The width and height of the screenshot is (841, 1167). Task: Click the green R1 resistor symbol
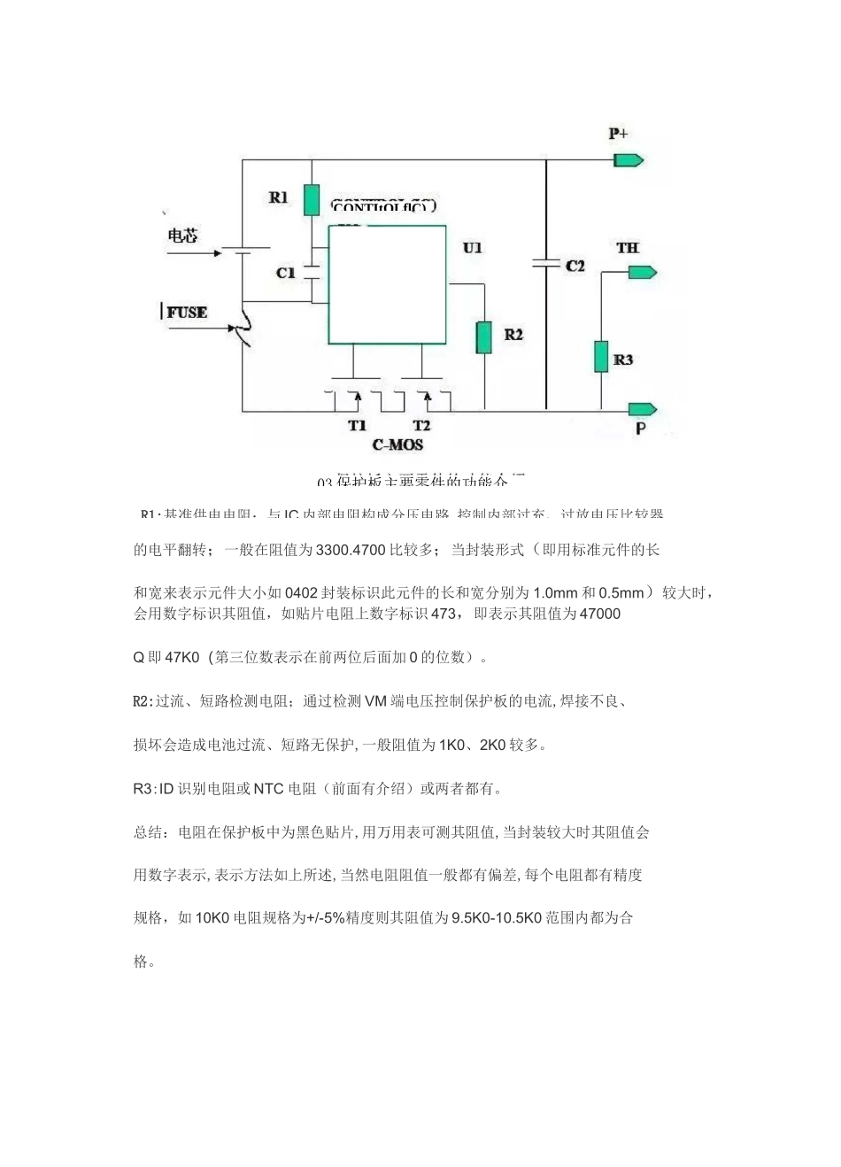[311, 200]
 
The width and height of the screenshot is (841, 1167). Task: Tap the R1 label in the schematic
[278, 197]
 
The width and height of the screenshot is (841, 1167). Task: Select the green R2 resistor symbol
[484, 337]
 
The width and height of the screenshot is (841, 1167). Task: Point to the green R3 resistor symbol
[600, 356]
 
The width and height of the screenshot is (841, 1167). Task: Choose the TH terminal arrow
[642, 272]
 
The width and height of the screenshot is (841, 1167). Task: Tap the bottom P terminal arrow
[643, 409]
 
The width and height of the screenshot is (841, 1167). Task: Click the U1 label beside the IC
[473, 248]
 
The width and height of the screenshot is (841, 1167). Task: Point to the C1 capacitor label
[285, 273]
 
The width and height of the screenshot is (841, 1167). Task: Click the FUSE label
[187, 313]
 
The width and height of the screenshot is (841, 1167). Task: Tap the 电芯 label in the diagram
[183, 236]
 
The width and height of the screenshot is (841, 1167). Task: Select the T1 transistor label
[357, 426]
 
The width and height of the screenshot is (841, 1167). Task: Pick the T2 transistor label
[421, 426]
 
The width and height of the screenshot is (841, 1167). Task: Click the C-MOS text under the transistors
[397, 444]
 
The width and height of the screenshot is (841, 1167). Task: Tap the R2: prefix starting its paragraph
[143, 701]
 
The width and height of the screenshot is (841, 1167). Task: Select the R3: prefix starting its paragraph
[143, 788]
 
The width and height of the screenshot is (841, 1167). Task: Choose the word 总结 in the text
[148, 832]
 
